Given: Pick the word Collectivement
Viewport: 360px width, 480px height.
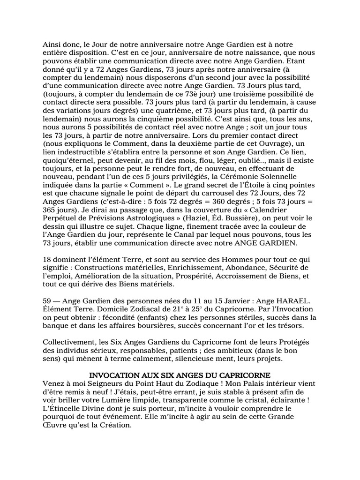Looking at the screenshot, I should click(71, 342).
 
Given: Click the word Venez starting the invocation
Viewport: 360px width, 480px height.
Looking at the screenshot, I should click(53, 383).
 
